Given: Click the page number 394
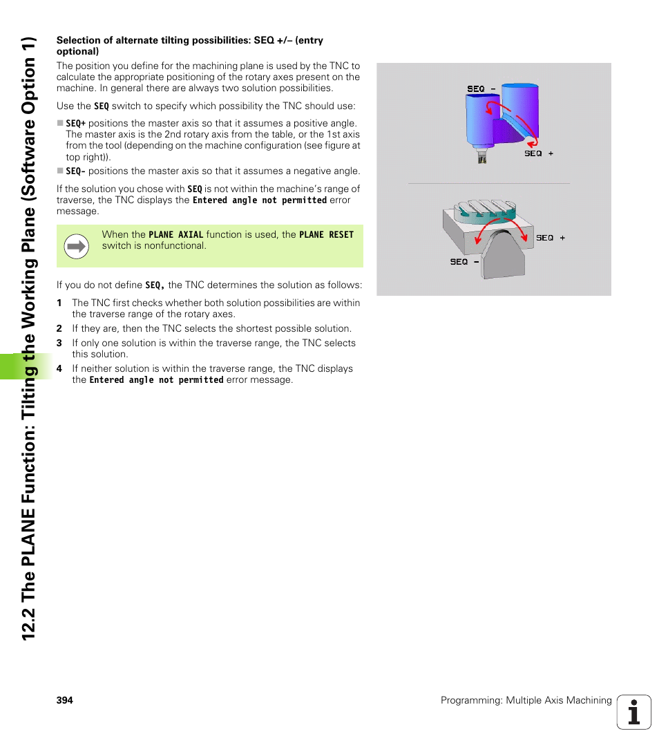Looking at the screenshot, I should pos(64,700).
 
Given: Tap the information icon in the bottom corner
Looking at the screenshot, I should pos(633,712).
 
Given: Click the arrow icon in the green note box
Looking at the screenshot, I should pos(76,246).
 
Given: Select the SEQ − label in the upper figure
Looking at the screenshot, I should pos(481,88).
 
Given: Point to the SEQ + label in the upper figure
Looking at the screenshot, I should pos(538,153).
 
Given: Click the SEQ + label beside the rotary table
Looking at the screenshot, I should pos(550,238).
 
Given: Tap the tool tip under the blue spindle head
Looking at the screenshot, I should pos(481,158).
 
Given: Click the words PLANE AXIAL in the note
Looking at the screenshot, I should pos(175,235).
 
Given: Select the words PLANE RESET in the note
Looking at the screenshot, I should pos(326,235).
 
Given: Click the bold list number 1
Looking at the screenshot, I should pos(59,303).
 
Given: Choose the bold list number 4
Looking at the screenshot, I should pos(59,369).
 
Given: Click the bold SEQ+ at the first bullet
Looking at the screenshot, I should pos(75,124).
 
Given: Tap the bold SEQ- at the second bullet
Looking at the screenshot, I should pos(75,171).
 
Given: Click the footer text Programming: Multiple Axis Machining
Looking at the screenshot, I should pos(526,700).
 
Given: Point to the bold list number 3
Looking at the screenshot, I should pos(59,343).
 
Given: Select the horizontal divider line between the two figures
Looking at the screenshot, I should pos(488,183).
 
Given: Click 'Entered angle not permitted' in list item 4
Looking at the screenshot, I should pos(156,380).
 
